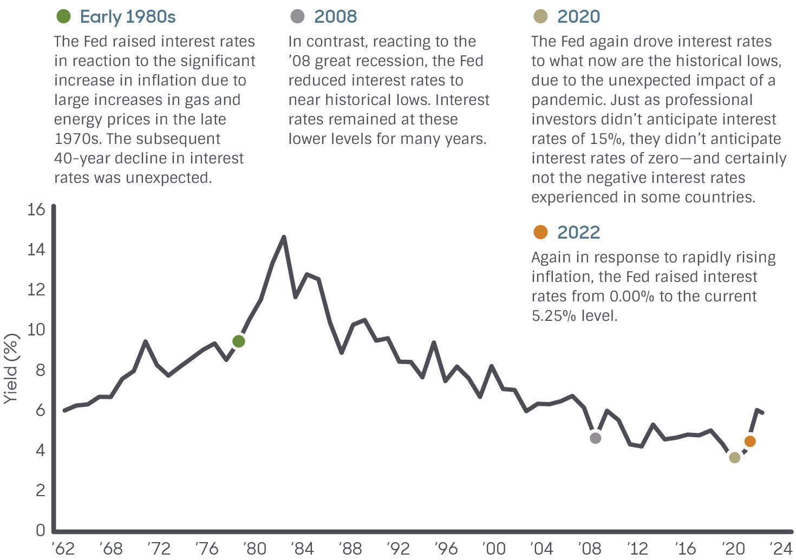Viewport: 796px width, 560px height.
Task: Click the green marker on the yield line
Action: [238, 341]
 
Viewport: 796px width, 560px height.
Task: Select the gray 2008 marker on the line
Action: [595, 438]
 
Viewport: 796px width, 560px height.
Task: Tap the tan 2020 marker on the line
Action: [734, 457]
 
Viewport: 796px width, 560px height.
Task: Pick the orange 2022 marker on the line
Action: [750, 441]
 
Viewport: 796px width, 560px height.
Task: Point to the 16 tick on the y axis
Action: [36, 209]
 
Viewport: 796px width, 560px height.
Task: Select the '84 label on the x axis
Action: [302, 549]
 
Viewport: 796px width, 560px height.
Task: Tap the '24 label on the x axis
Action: [781, 549]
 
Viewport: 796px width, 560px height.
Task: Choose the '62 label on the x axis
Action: [63, 549]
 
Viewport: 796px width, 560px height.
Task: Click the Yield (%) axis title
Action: [11, 368]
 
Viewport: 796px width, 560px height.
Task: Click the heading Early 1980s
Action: [128, 17]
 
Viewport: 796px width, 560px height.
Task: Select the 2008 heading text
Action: [335, 17]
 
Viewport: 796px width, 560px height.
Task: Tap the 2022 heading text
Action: [578, 232]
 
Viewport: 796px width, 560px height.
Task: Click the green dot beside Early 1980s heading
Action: [63, 16]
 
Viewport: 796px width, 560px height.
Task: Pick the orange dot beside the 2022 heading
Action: [540, 232]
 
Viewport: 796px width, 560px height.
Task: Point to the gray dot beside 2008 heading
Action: [297, 16]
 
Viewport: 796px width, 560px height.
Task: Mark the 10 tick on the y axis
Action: [36, 330]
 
